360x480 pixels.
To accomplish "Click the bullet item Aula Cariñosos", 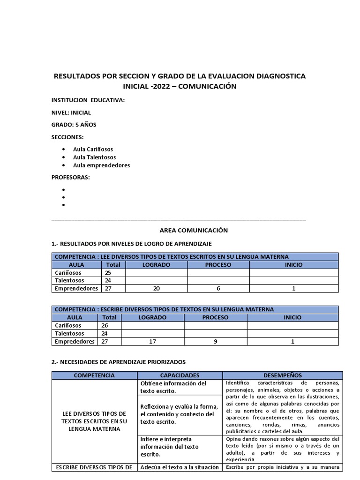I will pos(93,149).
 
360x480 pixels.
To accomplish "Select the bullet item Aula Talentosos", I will pos(94,157).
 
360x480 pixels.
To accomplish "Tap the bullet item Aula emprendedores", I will pos(101,165).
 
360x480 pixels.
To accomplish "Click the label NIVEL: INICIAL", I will pos(71,112).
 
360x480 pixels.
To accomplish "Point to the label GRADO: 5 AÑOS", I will pos(74,125).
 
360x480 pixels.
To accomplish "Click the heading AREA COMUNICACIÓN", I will pos(194,230).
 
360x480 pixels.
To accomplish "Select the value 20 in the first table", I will pos(156,289).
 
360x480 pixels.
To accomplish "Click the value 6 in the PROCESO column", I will pos(218,289).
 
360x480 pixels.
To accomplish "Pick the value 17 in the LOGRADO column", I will pos(152,342).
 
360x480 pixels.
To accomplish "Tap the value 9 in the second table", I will pos(215,342).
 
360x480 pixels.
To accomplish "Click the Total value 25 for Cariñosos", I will pos(108,273).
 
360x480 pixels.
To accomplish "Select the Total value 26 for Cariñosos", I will pos(105,325).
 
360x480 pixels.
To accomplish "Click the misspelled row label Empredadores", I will pos(75,342).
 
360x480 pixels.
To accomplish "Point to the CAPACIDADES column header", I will pos(180,375).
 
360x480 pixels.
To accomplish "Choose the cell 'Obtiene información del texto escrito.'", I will pos(173,387).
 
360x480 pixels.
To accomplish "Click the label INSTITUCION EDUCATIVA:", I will pos(88,100).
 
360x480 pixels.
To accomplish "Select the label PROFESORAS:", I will pos(70,177).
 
